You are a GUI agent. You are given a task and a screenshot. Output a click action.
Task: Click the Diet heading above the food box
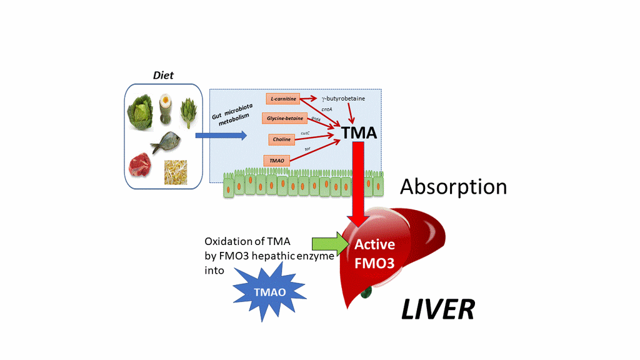pos(163,76)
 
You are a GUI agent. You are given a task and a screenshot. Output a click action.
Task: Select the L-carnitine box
pos(283,99)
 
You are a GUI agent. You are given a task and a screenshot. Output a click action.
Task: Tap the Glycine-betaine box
pos(285,117)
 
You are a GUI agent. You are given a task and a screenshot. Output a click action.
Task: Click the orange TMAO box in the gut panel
pos(277,160)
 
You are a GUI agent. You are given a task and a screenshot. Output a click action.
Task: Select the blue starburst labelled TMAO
pos(269,290)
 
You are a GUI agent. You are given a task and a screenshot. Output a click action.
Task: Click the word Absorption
pos(453,186)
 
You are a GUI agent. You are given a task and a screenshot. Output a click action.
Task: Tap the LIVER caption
pos(437,309)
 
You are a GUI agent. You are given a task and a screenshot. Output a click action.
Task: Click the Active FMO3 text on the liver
pos(374,254)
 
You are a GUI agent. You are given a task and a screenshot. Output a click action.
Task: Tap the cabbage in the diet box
pos(141,112)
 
